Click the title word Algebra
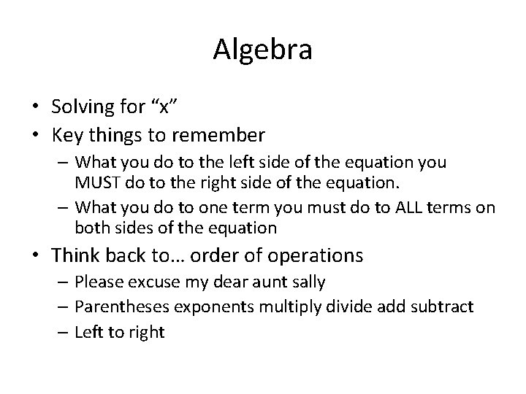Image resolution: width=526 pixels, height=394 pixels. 263,50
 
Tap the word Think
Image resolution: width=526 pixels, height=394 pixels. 77,255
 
